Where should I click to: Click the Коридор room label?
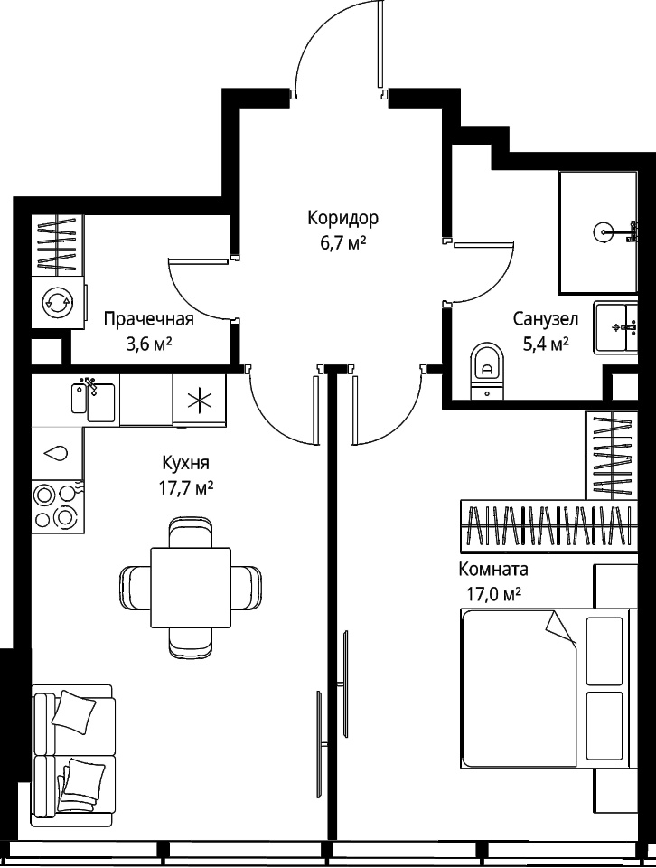343,218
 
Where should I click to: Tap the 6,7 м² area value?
343,242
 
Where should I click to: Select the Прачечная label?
149,319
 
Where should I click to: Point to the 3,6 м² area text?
149,344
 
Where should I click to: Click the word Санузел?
546,319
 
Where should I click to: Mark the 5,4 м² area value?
546,344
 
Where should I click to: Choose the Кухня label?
186,462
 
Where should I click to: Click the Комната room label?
493,569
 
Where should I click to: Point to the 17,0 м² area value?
493,595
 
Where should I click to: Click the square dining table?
191,588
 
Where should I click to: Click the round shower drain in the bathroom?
604,231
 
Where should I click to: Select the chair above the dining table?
191,532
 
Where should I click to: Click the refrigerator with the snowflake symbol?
200,400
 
